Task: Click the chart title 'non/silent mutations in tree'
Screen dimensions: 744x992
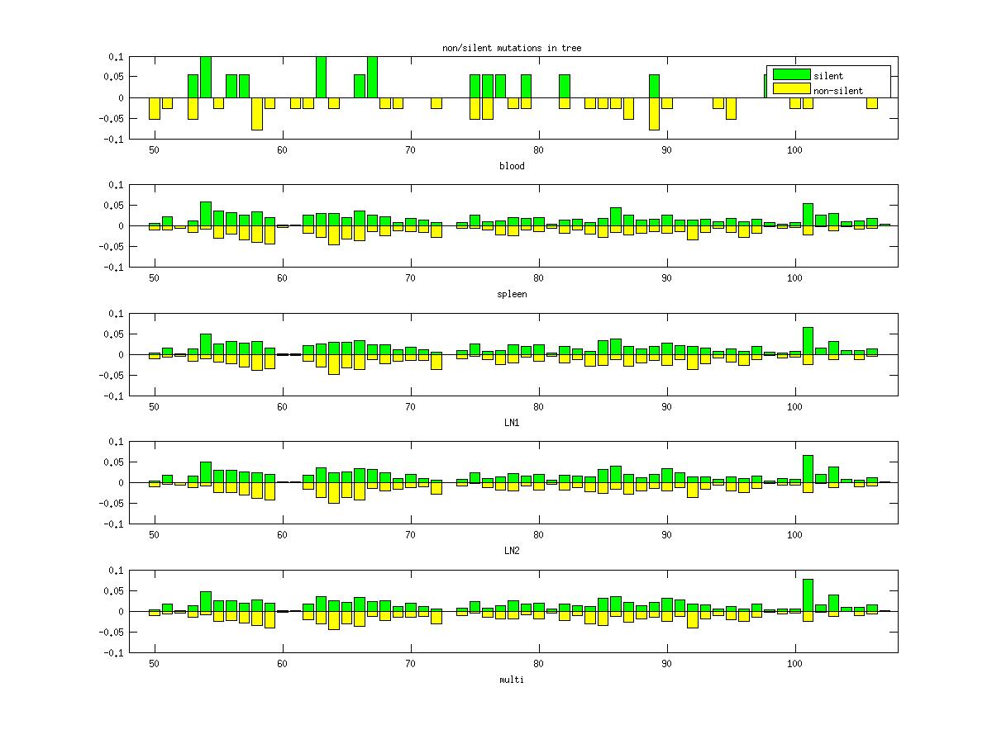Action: coord(511,49)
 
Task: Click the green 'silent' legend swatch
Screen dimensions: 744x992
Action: coord(791,75)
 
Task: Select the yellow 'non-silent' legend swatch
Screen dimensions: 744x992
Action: coord(791,89)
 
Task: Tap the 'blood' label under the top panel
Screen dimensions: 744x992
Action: coord(511,166)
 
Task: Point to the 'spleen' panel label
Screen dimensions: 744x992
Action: coord(511,294)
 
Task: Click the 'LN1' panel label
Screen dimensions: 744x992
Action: coord(511,423)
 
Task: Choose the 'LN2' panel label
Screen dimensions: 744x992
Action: coord(511,551)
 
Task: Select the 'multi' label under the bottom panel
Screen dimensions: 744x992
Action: coord(511,680)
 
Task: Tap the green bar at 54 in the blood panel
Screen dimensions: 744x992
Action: coord(206,78)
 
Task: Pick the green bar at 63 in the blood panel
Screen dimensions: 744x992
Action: coord(321,78)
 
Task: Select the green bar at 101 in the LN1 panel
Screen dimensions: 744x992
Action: coord(808,341)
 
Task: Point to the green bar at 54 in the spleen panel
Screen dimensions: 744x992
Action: coord(206,214)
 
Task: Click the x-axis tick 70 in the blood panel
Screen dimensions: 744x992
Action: coord(410,149)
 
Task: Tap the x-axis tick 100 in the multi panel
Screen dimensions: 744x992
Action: coord(794,663)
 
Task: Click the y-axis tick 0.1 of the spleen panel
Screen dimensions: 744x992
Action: coord(114,185)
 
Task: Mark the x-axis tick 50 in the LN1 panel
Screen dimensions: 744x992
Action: coord(154,406)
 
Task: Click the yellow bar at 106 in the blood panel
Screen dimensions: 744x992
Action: coord(872,103)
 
